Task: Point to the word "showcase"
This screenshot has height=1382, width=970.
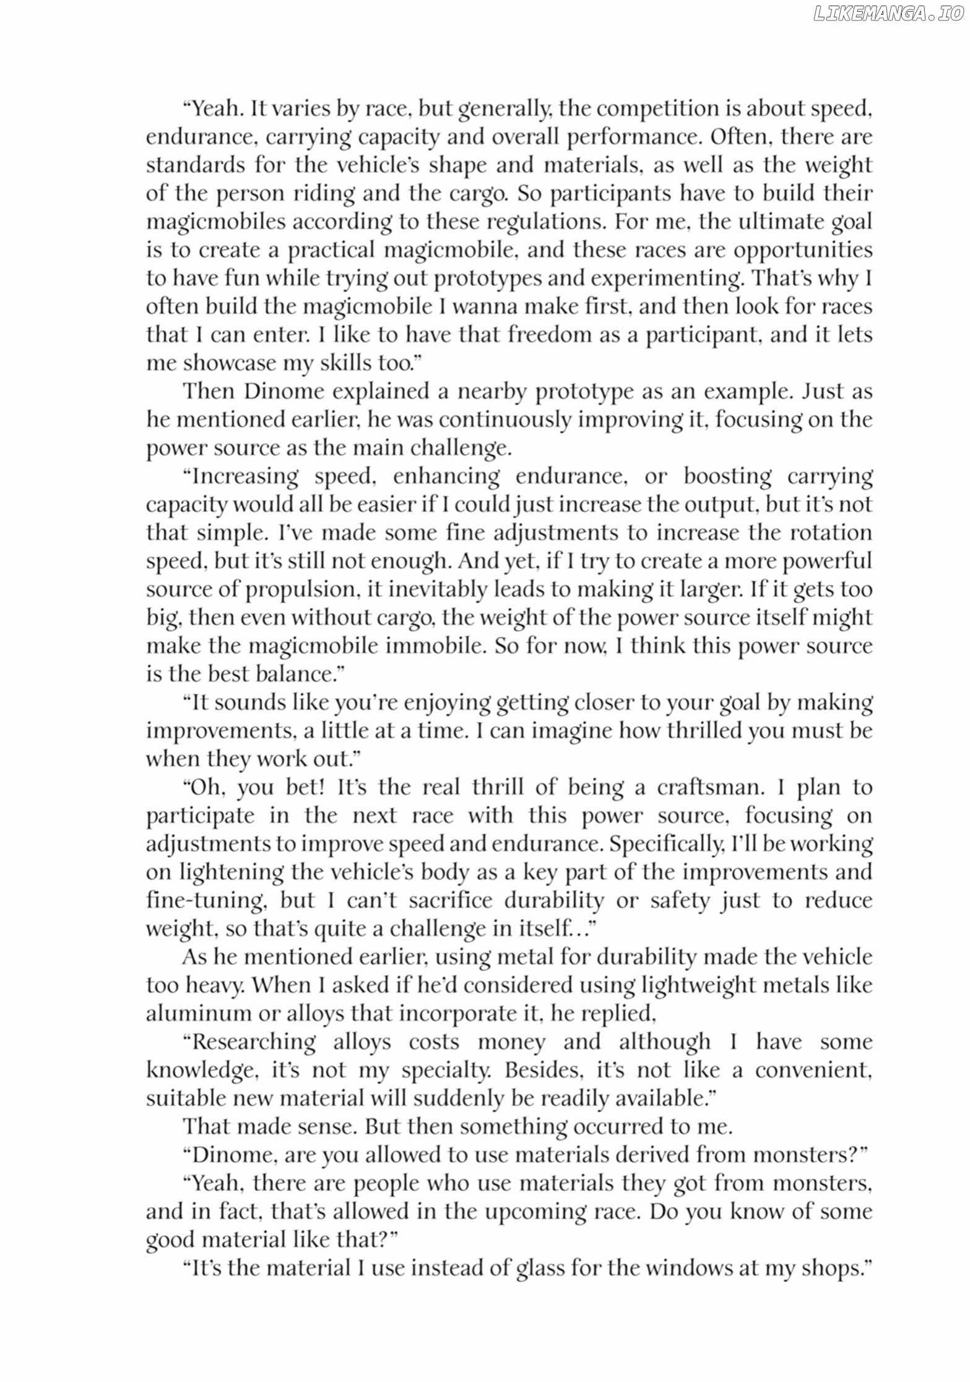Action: pos(229,363)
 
